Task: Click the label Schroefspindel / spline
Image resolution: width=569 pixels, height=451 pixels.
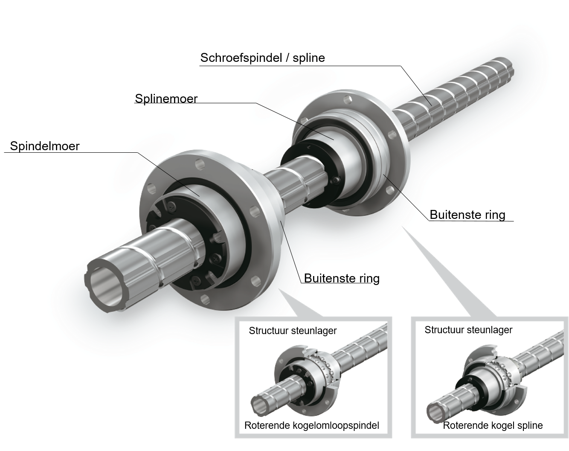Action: tap(262, 58)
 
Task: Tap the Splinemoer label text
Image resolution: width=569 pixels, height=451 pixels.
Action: tap(166, 99)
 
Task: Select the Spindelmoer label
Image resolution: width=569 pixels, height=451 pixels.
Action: tap(45, 146)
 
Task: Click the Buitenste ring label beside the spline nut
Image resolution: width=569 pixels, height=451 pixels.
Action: tap(467, 215)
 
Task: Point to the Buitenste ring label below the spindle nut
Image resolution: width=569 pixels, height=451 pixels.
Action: tap(342, 278)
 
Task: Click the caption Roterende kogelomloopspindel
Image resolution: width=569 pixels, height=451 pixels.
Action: tap(312, 425)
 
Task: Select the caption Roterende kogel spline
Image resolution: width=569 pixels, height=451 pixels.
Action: tap(493, 425)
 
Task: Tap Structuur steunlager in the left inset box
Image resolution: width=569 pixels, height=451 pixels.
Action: tap(293, 331)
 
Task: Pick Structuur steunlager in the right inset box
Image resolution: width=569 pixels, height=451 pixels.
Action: tap(468, 330)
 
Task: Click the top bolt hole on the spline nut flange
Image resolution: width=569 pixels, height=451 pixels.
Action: tap(348, 100)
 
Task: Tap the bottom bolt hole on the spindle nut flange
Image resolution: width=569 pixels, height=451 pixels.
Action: tap(205, 299)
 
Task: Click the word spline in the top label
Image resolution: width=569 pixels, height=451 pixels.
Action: tap(308, 58)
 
